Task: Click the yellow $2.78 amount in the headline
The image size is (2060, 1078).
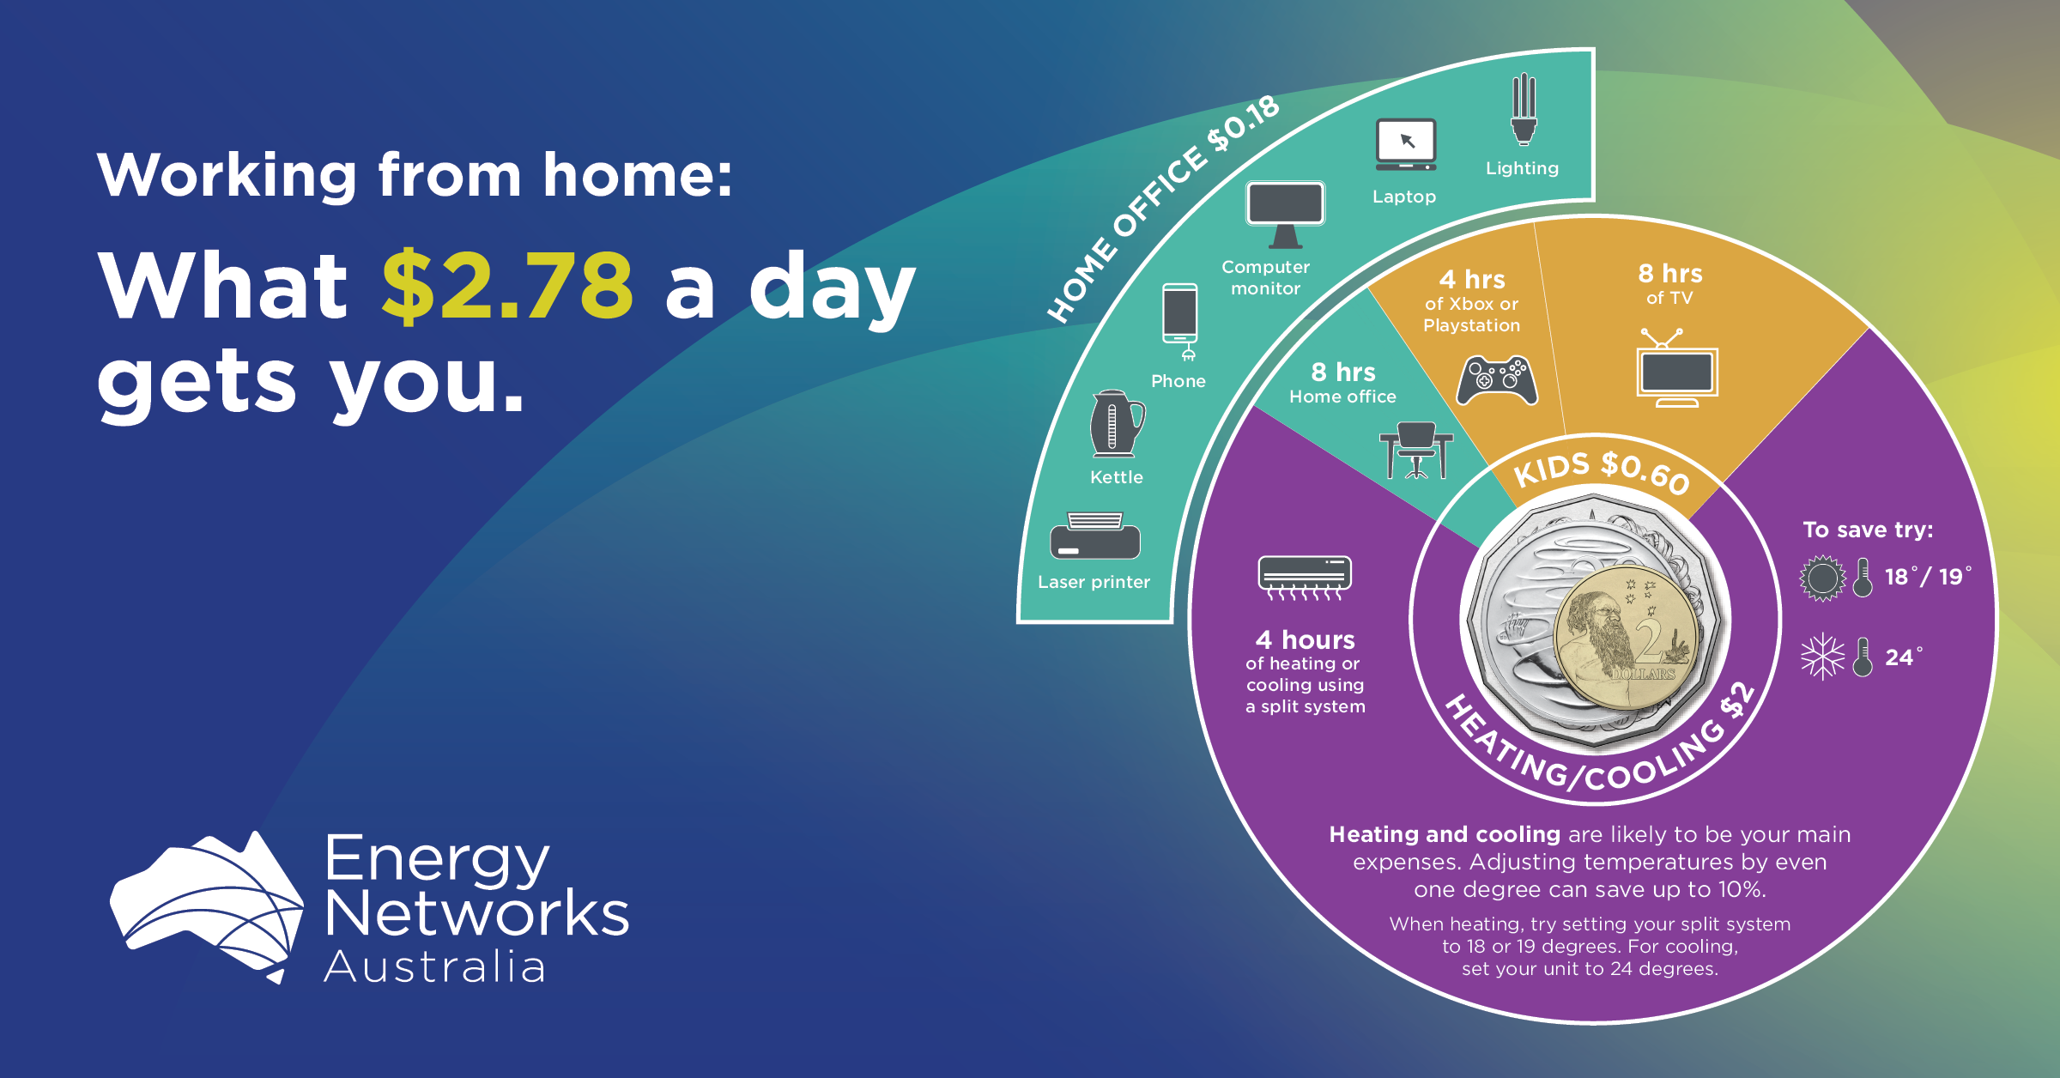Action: click(507, 286)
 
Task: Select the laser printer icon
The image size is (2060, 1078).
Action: click(1095, 536)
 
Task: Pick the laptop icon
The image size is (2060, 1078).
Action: click(1406, 144)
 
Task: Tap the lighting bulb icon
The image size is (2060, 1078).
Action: click(1524, 109)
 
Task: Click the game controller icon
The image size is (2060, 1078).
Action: click(1497, 380)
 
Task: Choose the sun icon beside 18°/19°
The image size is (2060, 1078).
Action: click(1822, 578)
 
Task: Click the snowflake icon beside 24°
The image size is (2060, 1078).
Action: click(1822, 657)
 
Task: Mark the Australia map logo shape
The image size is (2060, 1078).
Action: click(207, 905)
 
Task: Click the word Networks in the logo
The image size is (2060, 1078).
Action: click(477, 913)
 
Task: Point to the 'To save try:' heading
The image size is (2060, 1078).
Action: click(1868, 530)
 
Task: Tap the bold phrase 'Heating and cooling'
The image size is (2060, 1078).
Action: click(1445, 834)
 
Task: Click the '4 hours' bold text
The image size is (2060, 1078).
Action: click(1305, 639)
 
